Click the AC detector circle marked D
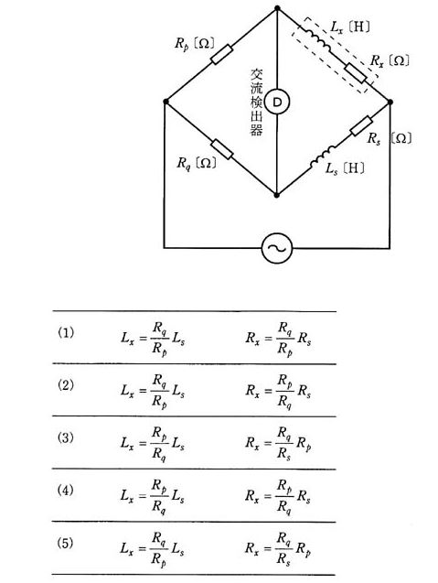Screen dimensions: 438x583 [x=277, y=102]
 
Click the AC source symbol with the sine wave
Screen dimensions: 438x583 [x=277, y=248]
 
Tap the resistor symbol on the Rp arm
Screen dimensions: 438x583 [x=222, y=54]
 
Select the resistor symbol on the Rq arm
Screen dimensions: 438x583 [x=222, y=149]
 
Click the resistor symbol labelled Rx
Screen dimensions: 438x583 [x=356, y=73]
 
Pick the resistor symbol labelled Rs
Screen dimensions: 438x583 [x=361, y=125]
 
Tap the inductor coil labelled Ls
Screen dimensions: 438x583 [x=323, y=157]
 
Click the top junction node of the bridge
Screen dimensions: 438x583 [x=277, y=8]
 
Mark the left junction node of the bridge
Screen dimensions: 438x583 [x=166, y=102]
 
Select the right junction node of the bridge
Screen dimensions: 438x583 [x=390, y=102]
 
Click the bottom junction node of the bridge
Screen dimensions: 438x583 [x=276, y=194]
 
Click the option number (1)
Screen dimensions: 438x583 [x=66, y=332]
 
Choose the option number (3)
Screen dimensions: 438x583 [x=66, y=437]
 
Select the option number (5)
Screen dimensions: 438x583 [x=66, y=544]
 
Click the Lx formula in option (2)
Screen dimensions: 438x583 [x=153, y=391]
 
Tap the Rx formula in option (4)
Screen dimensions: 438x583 [x=278, y=497]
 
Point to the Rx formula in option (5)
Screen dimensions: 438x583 [x=278, y=549]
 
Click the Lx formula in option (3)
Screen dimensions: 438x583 [x=153, y=444]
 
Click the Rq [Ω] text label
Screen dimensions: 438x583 [x=197, y=163]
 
